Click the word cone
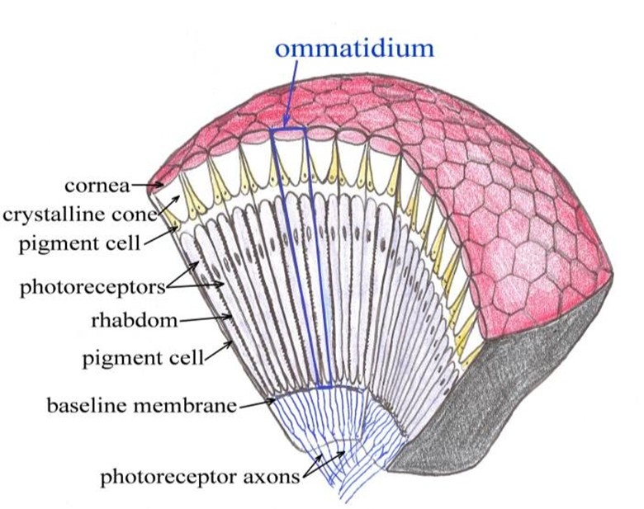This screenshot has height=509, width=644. pyautogui.click(x=135, y=215)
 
